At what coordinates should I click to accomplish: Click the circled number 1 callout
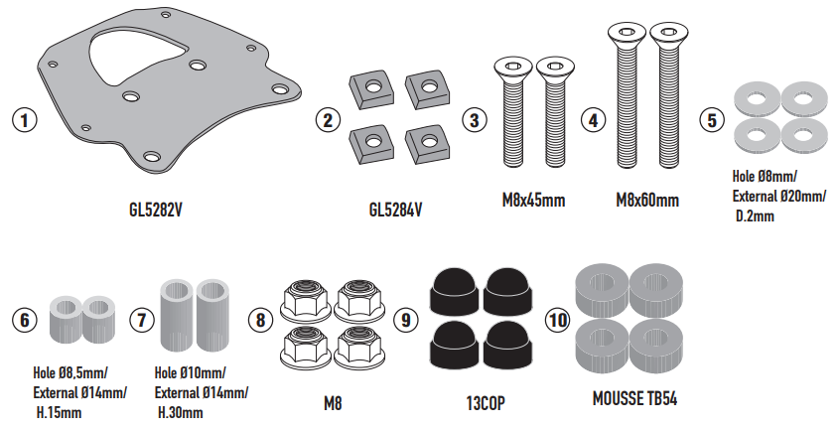pos(23,120)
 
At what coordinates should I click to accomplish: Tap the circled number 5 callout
pos(709,120)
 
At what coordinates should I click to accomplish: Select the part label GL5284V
pos(395,211)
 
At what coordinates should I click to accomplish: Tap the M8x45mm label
pos(533,202)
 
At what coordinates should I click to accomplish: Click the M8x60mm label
pos(646,202)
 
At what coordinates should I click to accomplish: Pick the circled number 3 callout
pos(475,120)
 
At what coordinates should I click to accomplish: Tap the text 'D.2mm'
pos(755,215)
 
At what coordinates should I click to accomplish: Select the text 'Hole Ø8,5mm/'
pos(70,373)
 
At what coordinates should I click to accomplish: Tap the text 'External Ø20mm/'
pos(777,197)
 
